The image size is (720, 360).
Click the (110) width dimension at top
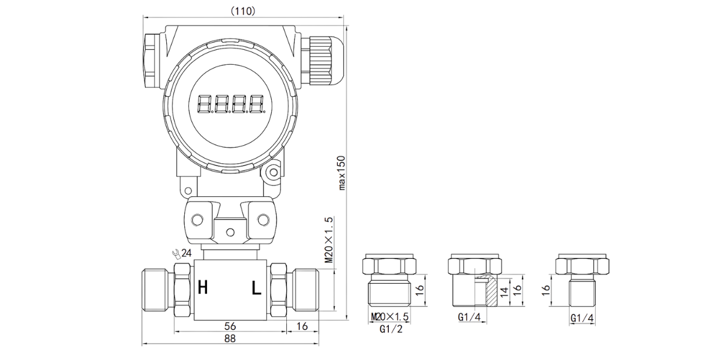[244, 11]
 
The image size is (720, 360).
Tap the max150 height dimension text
[341, 173]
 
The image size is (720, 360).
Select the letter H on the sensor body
[203, 287]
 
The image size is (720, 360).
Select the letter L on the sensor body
[256, 288]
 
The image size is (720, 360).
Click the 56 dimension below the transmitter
[230, 326]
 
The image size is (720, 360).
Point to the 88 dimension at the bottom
[230, 338]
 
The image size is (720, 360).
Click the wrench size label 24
[187, 253]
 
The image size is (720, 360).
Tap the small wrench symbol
[176, 254]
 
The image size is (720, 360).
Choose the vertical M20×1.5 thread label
[329, 240]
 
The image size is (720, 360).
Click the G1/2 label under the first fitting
[391, 329]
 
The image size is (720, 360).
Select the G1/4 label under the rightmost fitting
[582, 318]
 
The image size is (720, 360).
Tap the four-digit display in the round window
[231, 104]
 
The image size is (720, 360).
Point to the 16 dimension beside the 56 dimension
[302, 326]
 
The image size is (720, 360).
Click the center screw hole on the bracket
[230, 232]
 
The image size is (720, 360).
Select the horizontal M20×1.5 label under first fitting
[389, 317]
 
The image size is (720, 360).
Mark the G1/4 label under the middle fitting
[469, 317]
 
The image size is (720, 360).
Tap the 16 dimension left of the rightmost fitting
[546, 290]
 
